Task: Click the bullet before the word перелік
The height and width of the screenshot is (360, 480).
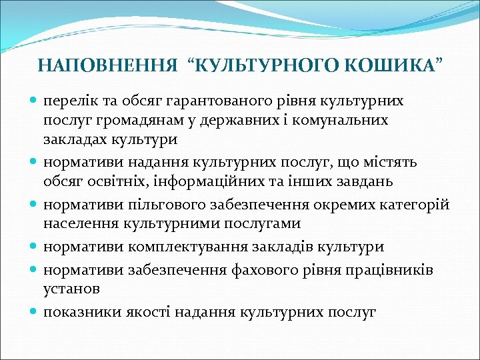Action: (x=34, y=101)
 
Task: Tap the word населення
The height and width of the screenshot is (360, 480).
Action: (x=75, y=223)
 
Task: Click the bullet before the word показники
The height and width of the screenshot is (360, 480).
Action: (x=34, y=311)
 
